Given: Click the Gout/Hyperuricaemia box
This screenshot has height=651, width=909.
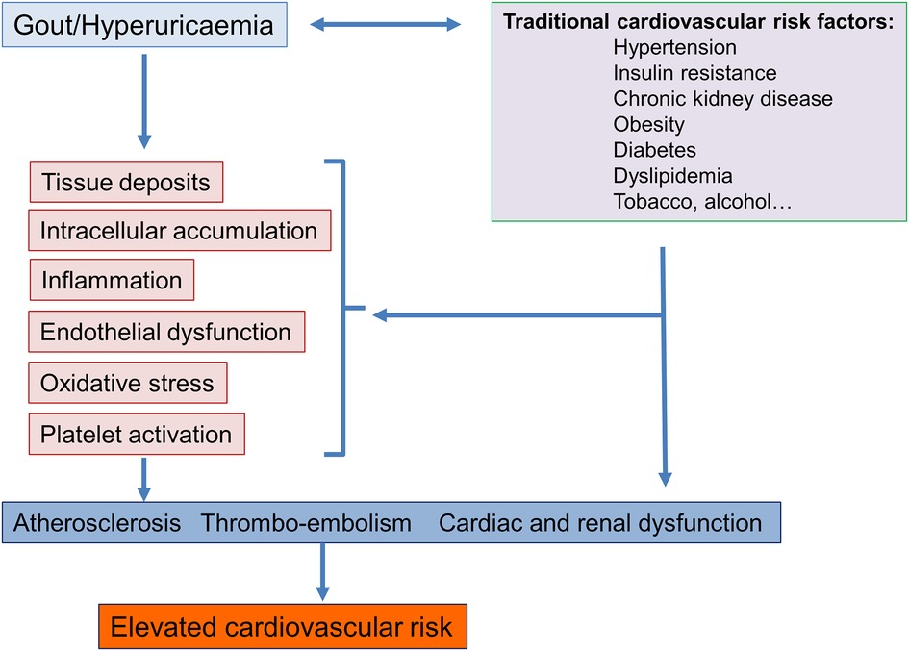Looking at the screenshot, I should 144,24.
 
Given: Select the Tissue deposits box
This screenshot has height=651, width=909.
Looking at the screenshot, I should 126,183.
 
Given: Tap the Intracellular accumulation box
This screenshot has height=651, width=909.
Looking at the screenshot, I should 179,231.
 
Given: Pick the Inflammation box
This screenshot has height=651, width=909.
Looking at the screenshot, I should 112,281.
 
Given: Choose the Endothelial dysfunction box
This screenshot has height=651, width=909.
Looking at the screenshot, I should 165,332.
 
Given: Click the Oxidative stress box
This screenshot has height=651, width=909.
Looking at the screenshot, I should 127,383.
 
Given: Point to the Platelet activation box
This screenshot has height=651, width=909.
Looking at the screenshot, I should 136,434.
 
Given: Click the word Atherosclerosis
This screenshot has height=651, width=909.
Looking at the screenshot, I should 97,523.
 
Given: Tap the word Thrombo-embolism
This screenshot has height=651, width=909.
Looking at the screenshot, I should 306,523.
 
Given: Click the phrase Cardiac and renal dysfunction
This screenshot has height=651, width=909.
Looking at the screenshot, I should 600,523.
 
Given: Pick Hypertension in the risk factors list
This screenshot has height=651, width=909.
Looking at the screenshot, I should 674,47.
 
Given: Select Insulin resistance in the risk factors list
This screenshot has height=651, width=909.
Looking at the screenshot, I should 694,73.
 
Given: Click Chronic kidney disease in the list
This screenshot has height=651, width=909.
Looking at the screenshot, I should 722,99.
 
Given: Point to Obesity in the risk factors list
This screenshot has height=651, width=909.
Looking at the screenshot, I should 648,124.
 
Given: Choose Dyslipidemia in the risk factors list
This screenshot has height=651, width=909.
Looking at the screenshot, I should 672,176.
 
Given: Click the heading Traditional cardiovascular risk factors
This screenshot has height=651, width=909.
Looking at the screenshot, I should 698,21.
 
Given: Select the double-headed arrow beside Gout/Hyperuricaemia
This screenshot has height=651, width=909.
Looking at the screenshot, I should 385,26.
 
